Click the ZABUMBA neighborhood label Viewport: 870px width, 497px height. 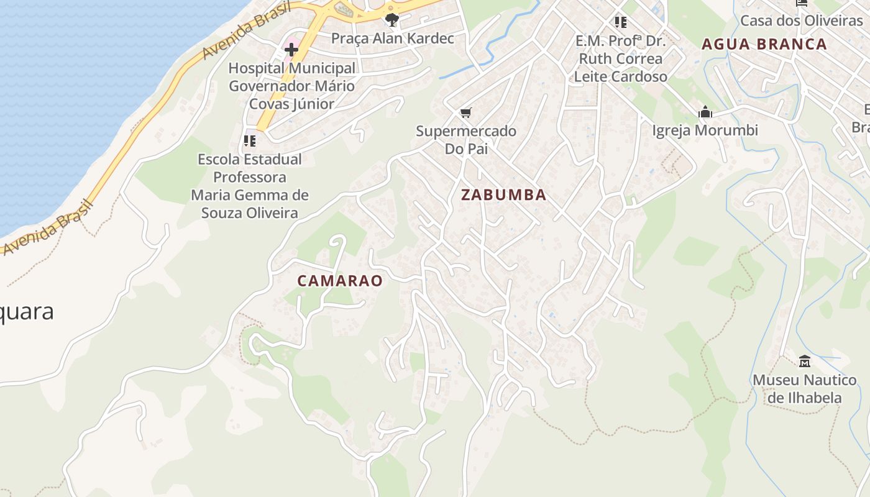tap(503, 195)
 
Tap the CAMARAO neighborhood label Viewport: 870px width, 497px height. tap(339, 281)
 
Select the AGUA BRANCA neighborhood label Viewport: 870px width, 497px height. tap(764, 44)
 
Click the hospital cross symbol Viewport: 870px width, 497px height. tap(291, 49)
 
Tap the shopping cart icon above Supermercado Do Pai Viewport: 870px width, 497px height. tap(466, 113)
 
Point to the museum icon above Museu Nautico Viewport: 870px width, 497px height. tap(804, 361)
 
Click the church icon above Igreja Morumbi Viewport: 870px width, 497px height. tap(705, 112)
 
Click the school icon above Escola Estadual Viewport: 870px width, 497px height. tap(250, 141)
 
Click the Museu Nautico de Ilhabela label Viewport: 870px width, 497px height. tap(804, 388)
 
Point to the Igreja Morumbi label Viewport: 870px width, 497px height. tap(705, 130)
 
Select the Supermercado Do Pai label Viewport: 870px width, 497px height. tap(466, 140)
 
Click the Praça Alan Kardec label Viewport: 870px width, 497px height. tap(392, 39)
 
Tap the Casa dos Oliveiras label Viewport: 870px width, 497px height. tap(801, 21)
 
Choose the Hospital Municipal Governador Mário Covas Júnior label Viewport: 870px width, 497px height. tap(291, 86)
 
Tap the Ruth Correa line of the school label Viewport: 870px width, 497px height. tap(620, 59)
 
